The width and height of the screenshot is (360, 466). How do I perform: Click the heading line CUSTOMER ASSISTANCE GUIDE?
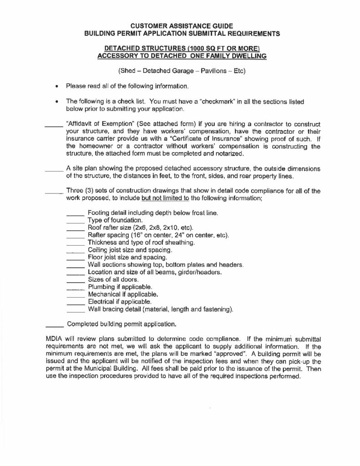tap(179, 26)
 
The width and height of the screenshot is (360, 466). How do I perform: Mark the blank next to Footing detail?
tap(76, 214)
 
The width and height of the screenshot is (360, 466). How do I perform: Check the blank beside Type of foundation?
tap(76, 222)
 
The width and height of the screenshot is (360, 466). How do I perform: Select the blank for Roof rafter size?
tap(76, 229)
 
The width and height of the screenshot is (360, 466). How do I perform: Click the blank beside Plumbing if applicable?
tap(76, 289)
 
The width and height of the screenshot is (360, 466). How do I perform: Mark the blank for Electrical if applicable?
tap(76, 303)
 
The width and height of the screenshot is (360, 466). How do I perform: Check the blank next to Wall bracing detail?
tap(76, 311)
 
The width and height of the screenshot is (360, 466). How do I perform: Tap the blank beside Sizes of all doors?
tap(76, 281)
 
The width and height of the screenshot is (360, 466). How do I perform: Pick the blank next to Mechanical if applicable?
tap(76, 296)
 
